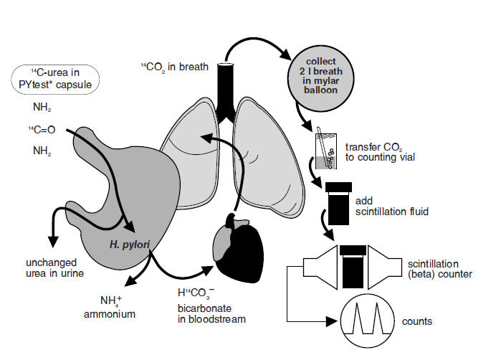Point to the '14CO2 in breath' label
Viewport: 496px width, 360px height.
[173, 67]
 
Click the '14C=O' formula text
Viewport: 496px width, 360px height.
[44, 131]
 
